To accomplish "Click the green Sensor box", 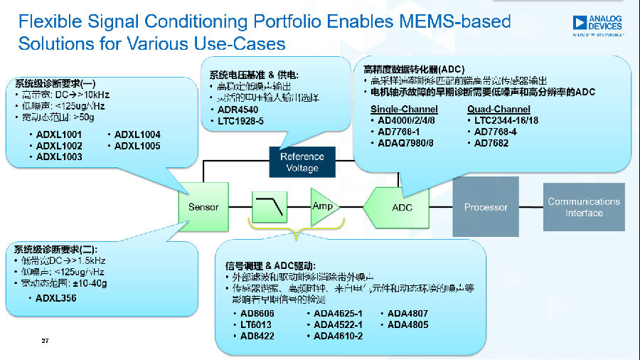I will click(203, 207).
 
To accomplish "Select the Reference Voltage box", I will click(302, 162).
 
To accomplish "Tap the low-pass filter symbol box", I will click(270, 207).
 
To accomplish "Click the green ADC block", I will click(400, 207).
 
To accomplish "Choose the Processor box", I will click(486, 207).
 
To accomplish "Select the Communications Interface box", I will click(584, 207).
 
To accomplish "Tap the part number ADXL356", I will click(56, 298).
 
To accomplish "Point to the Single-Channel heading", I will click(404, 110).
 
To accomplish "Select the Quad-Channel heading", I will click(498, 110).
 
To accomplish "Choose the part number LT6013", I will click(256, 324).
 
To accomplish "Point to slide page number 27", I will click(45, 342).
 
